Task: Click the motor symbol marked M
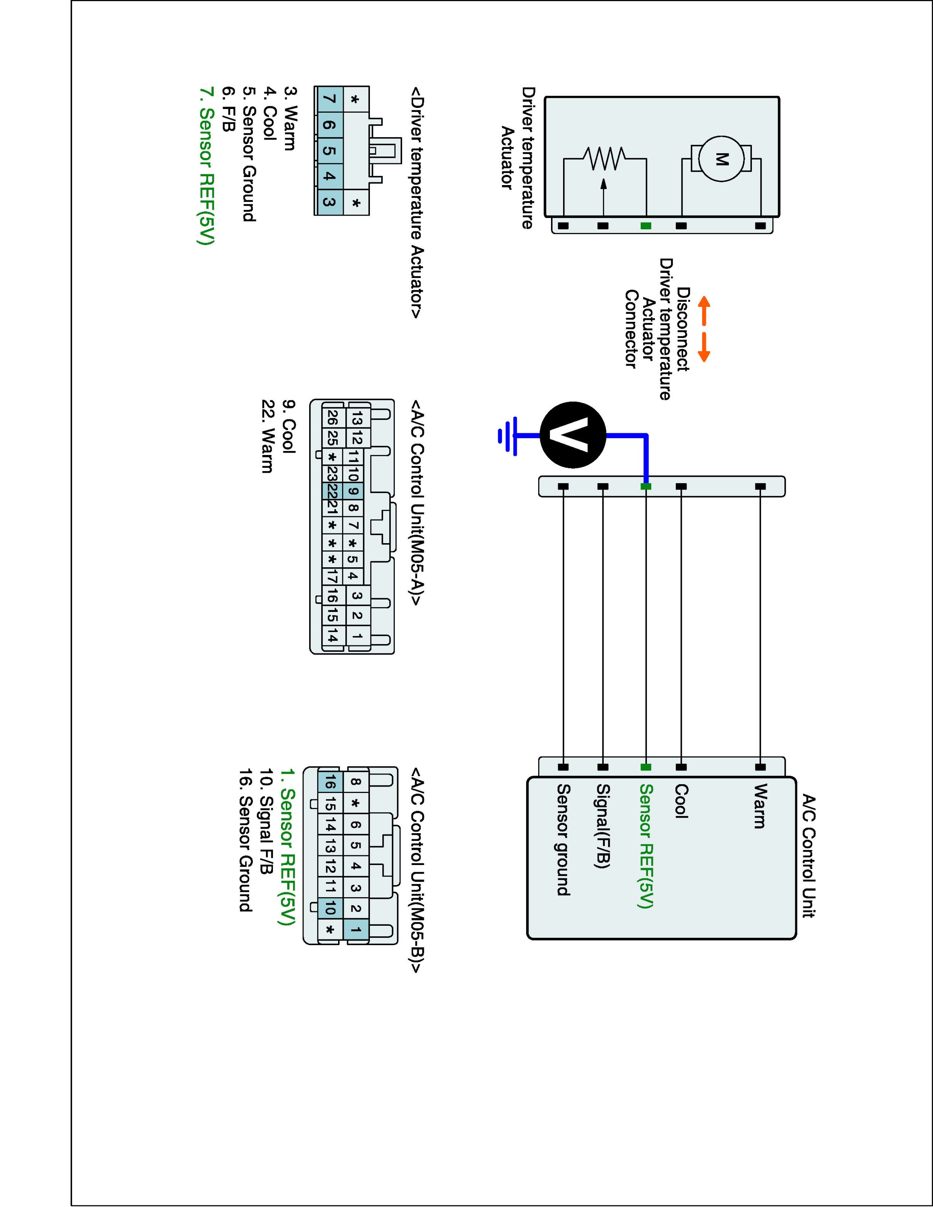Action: (x=721, y=159)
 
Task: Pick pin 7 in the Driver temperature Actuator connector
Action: (x=329, y=99)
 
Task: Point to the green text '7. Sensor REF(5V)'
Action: (x=206, y=166)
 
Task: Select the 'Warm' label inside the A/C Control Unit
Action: (x=760, y=806)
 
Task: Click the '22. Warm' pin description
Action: (x=267, y=437)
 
